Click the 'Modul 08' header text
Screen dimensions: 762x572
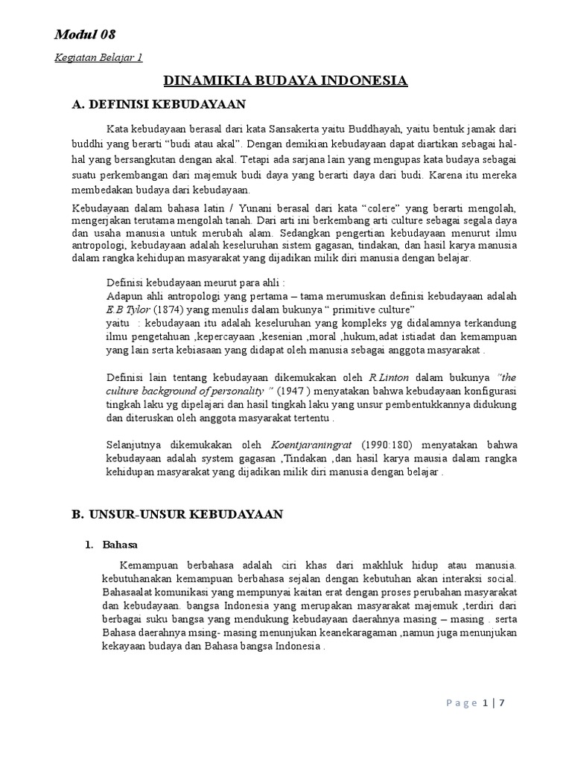tap(85, 34)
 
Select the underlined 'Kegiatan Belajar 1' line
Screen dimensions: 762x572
tap(98, 58)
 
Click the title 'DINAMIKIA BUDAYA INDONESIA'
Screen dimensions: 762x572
tap(285, 80)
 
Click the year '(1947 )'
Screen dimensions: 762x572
tap(296, 390)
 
